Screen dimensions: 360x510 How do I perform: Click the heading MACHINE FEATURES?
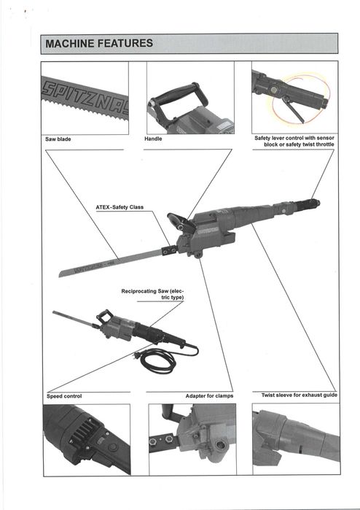[99, 43]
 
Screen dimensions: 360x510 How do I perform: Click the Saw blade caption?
[58, 139]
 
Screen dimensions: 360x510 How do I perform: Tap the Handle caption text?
[153, 139]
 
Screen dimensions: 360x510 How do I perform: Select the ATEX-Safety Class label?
[120, 207]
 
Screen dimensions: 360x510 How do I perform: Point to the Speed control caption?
[64, 396]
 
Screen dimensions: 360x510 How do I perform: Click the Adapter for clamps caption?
[209, 396]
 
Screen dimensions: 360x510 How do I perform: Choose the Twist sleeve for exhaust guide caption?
[300, 395]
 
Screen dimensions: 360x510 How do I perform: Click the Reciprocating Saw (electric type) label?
[153, 294]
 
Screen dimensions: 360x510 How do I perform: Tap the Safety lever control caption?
[294, 141]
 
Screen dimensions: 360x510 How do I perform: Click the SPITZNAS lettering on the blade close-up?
[85, 96]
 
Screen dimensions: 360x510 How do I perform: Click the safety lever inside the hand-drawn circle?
[293, 109]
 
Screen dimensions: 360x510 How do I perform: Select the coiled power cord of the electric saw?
[158, 360]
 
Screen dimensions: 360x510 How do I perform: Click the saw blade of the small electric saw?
[74, 318]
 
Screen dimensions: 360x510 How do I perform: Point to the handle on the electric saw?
[104, 315]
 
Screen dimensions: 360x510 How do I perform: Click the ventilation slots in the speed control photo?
[81, 429]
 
